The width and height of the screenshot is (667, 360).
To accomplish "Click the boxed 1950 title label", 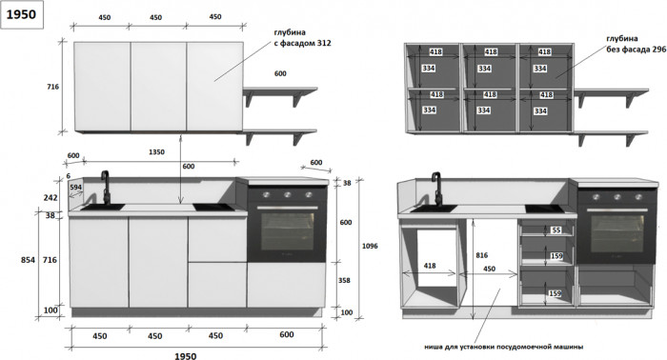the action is point(22,15).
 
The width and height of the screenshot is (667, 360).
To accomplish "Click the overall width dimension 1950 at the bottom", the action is point(186,356).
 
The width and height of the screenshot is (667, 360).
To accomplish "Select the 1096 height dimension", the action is point(370,246).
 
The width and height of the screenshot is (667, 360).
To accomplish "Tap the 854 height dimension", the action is point(28,260).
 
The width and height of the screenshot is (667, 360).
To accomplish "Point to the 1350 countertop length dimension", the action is point(156,151).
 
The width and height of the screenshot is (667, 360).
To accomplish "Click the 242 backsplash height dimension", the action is point(51,198).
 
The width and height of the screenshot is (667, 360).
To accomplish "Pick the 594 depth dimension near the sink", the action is point(75,187).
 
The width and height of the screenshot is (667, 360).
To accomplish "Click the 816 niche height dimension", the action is point(481,255).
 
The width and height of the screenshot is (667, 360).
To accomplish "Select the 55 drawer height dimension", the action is point(556,230).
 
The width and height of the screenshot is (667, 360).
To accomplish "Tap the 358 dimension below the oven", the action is point(344,281).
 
